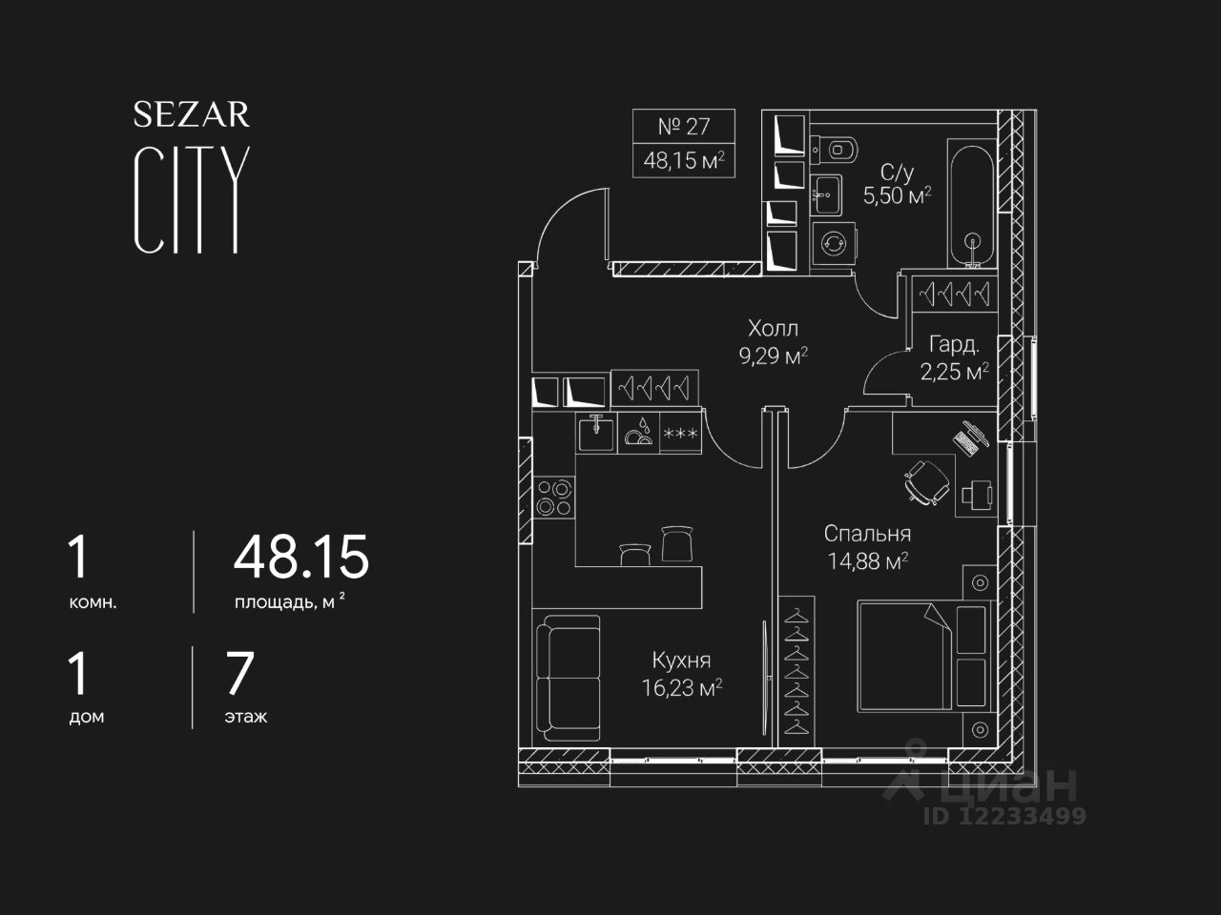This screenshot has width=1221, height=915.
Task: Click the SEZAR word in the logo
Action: point(191,115)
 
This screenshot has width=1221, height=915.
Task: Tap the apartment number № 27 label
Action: point(683,126)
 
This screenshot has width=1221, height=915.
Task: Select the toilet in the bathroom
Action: point(837,149)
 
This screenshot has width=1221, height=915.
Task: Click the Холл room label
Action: point(773,329)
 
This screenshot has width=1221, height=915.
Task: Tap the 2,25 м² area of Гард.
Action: point(953,372)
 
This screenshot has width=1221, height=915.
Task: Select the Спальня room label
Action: point(867,534)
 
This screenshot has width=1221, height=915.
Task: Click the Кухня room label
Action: point(681,660)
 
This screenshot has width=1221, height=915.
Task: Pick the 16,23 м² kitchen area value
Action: point(681,688)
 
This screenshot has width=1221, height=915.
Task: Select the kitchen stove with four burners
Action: point(554,497)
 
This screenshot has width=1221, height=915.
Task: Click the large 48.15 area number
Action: point(300,558)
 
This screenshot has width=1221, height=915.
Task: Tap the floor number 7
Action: point(238,673)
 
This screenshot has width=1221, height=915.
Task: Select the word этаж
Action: point(246,717)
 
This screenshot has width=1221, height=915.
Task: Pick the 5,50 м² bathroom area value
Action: point(897,197)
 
